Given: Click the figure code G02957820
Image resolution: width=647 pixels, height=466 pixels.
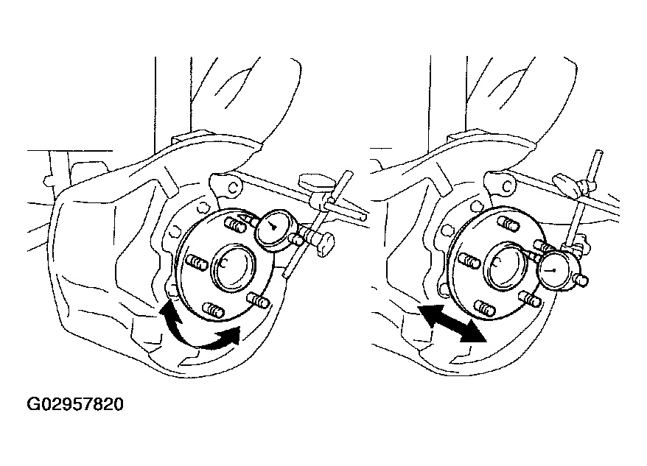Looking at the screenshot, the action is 75,405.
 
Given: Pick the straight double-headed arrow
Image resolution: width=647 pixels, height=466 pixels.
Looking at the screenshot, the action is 451,323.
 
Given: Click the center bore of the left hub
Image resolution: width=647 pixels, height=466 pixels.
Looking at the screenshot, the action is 232,268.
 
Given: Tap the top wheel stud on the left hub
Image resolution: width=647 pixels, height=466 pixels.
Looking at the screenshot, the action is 236,225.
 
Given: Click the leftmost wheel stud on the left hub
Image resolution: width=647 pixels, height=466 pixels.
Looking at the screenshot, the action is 197,263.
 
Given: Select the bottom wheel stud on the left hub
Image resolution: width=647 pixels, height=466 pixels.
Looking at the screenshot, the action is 214,310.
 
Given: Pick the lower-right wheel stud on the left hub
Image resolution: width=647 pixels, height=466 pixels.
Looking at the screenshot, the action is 259,300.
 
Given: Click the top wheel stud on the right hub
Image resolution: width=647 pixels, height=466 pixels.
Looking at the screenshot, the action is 510,223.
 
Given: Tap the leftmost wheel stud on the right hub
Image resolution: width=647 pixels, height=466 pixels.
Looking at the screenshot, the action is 469,261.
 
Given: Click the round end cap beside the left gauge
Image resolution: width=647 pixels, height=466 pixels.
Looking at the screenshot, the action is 326,244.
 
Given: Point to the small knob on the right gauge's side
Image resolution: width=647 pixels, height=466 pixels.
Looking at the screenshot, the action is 582,280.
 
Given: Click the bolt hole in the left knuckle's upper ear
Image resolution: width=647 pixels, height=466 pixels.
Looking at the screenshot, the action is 234,188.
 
